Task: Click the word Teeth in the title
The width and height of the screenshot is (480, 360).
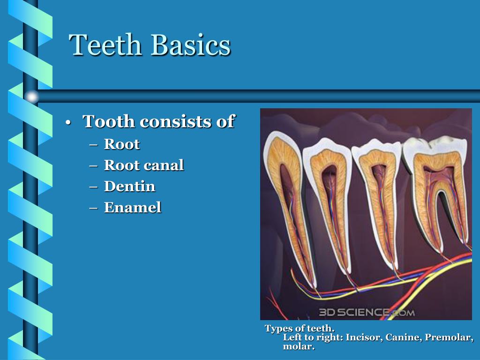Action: coord(105,45)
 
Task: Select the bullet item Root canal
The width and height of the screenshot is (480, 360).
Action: coord(143,165)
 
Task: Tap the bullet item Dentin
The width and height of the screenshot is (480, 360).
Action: coord(129,186)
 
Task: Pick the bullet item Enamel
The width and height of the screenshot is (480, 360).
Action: coord(132,207)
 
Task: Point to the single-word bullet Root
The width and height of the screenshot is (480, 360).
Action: coord(121,144)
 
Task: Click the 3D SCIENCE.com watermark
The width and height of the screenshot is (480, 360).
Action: coord(367,312)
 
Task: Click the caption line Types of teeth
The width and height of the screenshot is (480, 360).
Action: coord(300,329)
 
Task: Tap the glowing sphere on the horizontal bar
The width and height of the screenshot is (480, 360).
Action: coord(31,97)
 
